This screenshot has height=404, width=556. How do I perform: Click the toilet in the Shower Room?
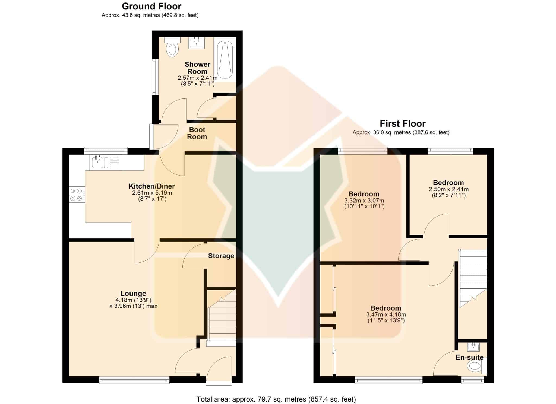(x=172, y=47)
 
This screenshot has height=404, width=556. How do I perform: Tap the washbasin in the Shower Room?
(x=196, y=43)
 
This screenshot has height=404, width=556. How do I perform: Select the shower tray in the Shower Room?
(x=225, y=60)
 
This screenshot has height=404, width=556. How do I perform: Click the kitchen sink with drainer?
(x=106, y=163)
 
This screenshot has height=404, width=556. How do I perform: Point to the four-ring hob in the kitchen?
(x=77, y=195)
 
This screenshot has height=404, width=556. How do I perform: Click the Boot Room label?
(x=197, y=133)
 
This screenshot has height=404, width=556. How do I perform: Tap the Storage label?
(x=221, y=256)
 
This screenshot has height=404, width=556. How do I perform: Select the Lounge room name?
(x=133, y=293)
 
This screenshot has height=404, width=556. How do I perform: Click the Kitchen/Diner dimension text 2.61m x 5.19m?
(x=152, y=193)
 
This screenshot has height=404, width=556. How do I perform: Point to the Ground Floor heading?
(x=151, y=6)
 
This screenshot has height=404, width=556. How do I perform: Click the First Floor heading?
(x=403, y=124)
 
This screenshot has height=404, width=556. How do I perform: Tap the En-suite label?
(x=469, y=357)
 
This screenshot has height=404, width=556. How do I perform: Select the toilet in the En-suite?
(x=477, y=366)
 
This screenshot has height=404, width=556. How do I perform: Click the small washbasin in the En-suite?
(x=473, y=346)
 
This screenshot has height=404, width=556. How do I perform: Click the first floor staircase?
(x=473, y=279)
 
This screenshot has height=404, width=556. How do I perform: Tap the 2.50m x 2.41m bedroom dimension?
(x=448, y=189)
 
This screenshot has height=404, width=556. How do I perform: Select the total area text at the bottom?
(x=276, y=399)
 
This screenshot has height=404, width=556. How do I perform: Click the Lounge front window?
(x=134, y=380)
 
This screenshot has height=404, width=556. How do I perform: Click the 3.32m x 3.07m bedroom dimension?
(x=364, y=201)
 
